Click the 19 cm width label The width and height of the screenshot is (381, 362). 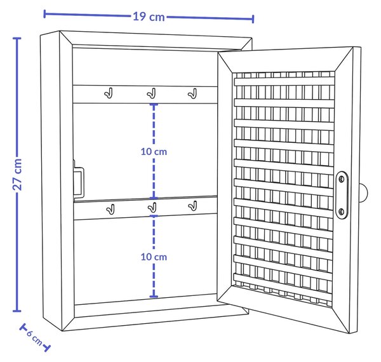click(149, 17)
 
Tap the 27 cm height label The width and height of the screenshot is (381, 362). click(18, 175)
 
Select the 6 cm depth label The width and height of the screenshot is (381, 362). click(34, 338)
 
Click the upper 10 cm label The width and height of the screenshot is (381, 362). click(154, 152)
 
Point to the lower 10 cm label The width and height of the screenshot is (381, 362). click(154, 257)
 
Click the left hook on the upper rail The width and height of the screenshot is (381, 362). click(109, 93)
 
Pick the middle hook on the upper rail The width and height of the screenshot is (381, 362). click(151, 93)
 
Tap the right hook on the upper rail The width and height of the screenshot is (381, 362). click(192, 93)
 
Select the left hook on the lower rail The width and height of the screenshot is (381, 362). click(110, 209)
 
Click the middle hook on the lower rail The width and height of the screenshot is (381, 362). click(152, 207)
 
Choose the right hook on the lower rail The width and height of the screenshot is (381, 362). click(192, 206)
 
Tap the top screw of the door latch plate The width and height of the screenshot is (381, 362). click(342, 179)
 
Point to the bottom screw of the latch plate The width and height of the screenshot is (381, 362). click(341, 211)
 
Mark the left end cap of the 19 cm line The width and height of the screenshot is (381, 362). click(44, 14)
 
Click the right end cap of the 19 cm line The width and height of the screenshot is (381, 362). click(253, 19)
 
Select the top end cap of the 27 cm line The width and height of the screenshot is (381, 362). click(17, 38)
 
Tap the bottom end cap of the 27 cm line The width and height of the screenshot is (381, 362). click(17, 311)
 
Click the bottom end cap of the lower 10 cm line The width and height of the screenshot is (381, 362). click(154, 297)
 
